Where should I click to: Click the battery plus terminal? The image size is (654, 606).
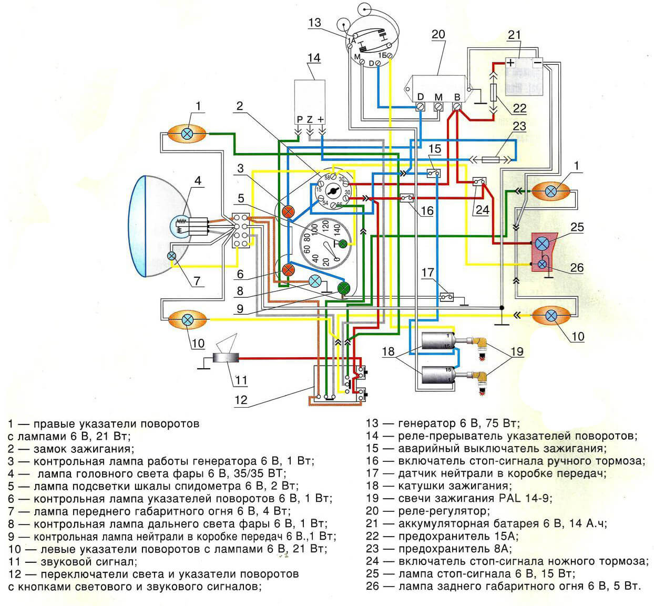coord(510,63)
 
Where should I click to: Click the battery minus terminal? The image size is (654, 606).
coord(537,63)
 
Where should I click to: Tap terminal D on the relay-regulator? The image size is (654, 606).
coord(420,106)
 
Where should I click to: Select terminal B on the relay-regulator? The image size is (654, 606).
coord(456,106)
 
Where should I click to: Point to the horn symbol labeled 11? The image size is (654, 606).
coord(226,358)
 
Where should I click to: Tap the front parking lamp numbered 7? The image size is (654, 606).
coord(171,256)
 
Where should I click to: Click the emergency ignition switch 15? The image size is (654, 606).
coord(434,173)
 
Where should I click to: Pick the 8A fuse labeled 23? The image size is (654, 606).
coord(490,160)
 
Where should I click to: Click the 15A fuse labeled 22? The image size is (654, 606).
coord(493,93)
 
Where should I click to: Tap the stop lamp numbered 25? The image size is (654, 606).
coord(541,244)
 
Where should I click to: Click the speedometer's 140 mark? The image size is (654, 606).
coord(337,228)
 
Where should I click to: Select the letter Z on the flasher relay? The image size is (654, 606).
coord(309,119)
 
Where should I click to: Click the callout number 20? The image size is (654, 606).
coord(438,34)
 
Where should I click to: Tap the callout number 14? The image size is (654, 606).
coord(314,58)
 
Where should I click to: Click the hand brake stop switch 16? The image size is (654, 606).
coord(407,198)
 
